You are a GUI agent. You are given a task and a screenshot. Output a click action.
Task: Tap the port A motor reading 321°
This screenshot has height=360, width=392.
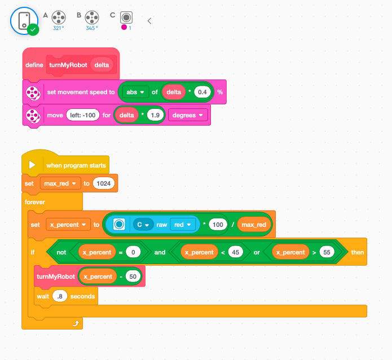(59, 17)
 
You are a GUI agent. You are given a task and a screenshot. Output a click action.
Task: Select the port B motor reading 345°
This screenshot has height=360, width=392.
(92, 17)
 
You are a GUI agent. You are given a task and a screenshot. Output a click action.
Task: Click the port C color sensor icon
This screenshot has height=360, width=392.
(126, 17)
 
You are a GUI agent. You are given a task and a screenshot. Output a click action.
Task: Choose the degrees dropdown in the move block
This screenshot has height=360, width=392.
(188, 115)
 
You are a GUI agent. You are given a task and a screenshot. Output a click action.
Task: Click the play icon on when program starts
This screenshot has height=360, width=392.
(32, 165)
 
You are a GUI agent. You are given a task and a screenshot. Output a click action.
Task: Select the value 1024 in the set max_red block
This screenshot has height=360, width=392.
(104, 183)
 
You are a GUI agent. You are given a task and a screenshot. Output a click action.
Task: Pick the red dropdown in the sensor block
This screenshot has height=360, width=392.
(182, 225)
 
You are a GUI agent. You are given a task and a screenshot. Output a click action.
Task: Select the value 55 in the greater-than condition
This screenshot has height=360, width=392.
(324, 252)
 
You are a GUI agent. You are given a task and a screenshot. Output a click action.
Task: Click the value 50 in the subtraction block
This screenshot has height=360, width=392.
(133, 276)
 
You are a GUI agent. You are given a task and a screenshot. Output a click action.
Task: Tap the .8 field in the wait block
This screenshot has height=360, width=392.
(60, 296)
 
